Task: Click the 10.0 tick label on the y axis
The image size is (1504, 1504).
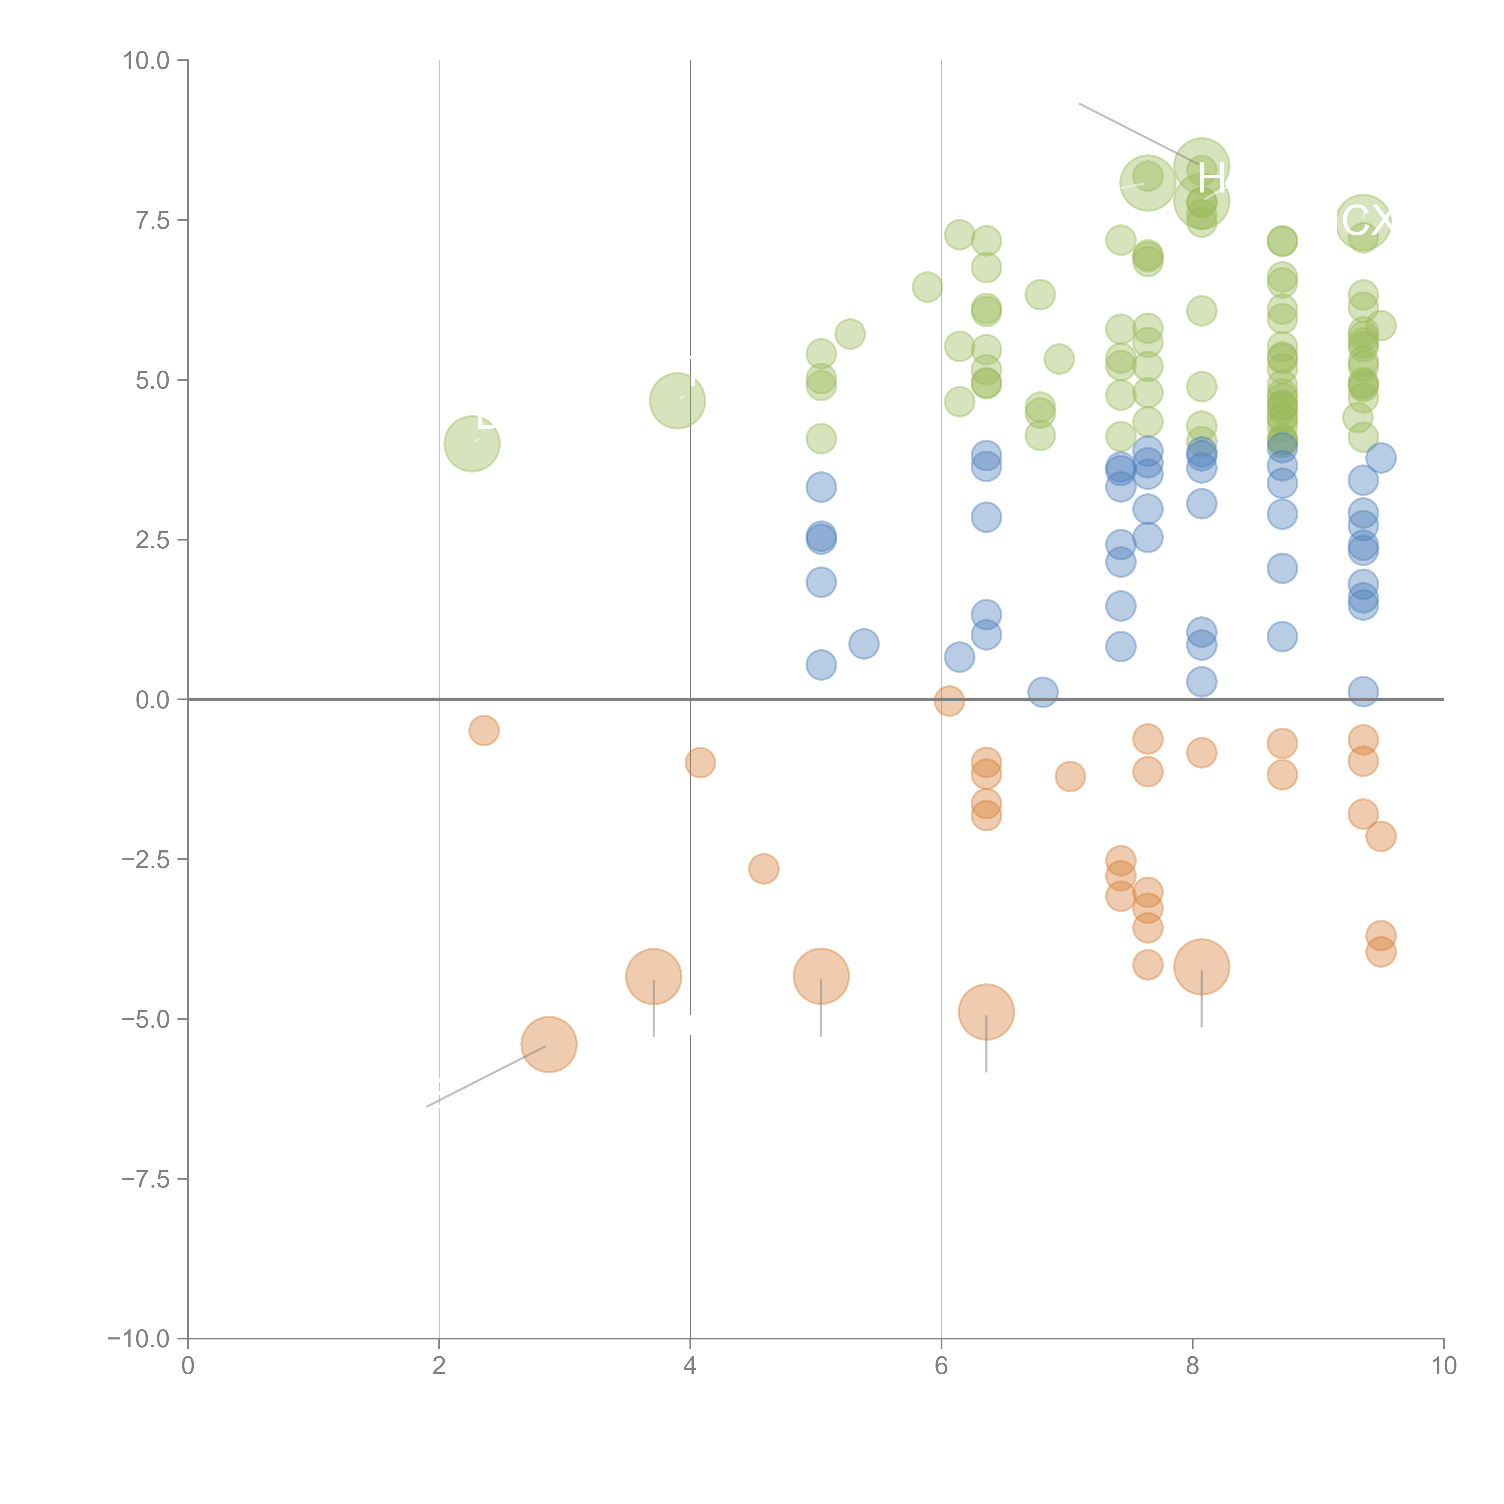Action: point(146,61)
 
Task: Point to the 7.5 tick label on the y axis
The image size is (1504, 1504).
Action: point(153,220)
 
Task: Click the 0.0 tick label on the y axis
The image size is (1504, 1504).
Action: point(153,700)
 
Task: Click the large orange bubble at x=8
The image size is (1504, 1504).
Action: point(1201,967)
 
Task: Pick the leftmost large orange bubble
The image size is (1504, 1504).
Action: point(549,1045)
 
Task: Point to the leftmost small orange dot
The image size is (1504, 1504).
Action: point(483,730)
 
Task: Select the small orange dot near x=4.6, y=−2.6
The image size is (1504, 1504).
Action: point(764,869)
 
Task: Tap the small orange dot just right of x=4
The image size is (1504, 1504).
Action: point(700,763)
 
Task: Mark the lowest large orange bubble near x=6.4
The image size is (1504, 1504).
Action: point(986,1012)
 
